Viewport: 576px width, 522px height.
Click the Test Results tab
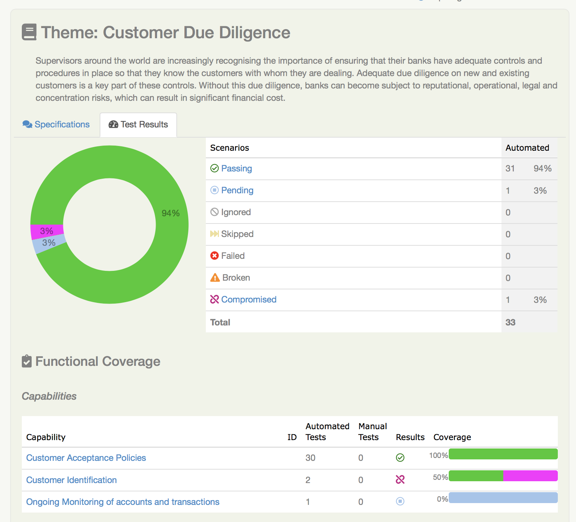[x=139, y=124]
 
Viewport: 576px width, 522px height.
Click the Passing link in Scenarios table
[x=236, y=169]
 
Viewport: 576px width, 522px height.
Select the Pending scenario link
[x=237, y=190]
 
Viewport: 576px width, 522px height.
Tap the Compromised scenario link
[x=249, y=300]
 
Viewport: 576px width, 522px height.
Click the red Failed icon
[x=215, y=256]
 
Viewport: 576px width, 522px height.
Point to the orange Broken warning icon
[x=215, y=278]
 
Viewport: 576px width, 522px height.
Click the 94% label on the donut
[x=171, y=213]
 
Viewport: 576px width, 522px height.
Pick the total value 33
[x=510, y=322]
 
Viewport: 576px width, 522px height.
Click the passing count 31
[x=510, y=169]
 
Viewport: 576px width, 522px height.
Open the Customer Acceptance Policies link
[x=86, y=458]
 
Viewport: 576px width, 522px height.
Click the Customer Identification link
[x=71, y=480]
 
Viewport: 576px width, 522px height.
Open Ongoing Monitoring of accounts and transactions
[x=123, y=502]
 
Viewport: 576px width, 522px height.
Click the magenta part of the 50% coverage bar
[x=530, y=476]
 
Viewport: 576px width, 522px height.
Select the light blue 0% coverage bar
[x=503, y=498]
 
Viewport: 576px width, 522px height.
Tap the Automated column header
[x=527, y=148]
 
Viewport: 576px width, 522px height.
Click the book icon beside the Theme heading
[x=29, y=32]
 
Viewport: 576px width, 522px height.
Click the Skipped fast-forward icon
[x=215, y=234]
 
